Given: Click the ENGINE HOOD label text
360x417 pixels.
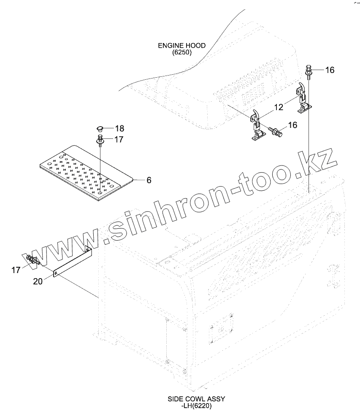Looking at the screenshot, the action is coord(181,46).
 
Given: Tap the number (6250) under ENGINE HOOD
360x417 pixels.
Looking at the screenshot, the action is coord(181,53).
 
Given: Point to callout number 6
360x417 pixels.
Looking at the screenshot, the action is coord(149,180).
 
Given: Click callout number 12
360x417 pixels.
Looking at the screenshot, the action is coord(278,108).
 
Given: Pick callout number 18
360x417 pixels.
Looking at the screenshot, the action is coord(119,128).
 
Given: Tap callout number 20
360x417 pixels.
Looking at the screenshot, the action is coord(38,282).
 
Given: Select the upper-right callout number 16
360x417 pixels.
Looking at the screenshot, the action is coord(330,70).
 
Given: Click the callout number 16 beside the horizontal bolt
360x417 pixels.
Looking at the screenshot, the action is coord(292,125).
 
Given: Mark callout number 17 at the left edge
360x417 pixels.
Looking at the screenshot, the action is coord(16,270).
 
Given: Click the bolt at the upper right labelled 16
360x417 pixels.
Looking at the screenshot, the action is coord(309,72).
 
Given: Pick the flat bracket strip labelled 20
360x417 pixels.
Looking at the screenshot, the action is coord(72,262).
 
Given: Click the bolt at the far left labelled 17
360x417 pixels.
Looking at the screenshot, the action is coord(32,260).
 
